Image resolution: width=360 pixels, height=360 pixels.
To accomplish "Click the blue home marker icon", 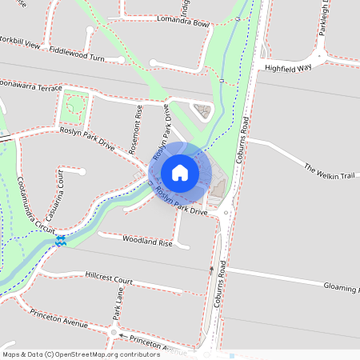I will click(x=179, y=172).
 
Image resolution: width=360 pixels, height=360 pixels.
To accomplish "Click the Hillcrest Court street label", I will click(x=108, y=278).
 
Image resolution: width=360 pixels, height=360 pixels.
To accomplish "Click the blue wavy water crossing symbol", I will click(x=61, y=240).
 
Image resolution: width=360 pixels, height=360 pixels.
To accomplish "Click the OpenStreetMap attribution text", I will click(x=80, y=354).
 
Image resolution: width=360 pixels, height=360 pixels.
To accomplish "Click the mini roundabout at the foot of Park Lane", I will click(x=114, y=331).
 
